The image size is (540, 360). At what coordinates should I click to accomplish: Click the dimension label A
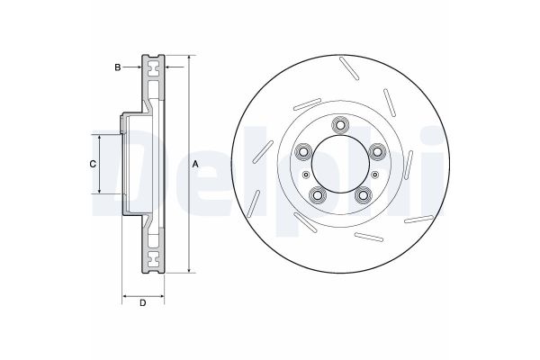coord(195,165)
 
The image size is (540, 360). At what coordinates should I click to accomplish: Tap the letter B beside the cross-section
coord(118,67)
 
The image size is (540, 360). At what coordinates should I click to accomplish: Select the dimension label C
coord(93,165)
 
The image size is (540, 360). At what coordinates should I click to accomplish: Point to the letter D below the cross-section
coord(142,303)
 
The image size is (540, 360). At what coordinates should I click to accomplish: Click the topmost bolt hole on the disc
coord(340,125)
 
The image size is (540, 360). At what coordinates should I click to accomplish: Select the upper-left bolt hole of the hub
coord(303,151)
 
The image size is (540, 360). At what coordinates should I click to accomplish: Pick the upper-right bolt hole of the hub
coord(378,151)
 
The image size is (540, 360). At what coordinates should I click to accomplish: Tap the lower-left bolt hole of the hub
coord(318,195)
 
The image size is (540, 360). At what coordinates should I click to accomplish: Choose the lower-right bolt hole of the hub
coord(364,195)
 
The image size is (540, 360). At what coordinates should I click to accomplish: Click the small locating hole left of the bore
coord(305,175)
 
